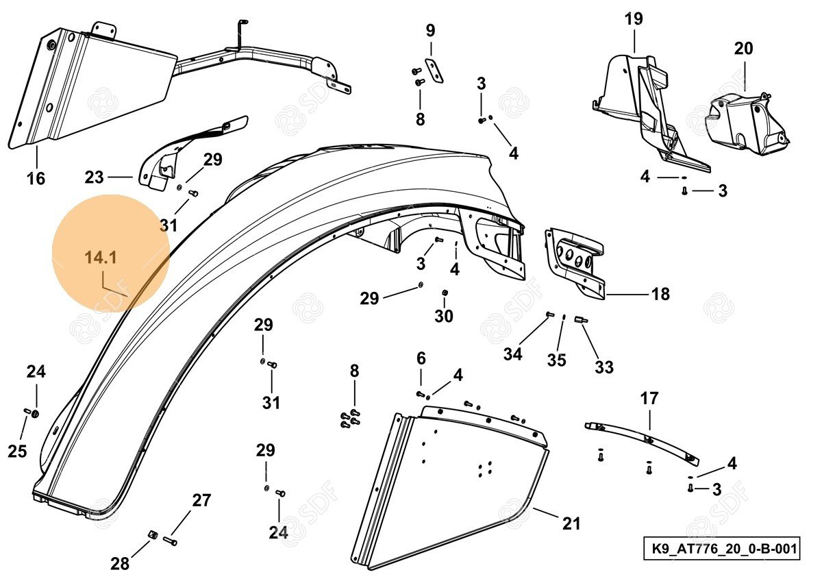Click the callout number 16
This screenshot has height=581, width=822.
tap(36, 179)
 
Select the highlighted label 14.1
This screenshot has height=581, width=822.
tap(101, 258)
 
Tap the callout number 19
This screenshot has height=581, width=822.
tap(634, 18)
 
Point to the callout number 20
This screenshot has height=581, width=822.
tap(743, 49)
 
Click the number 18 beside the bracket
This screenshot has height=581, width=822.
tap(660, 295)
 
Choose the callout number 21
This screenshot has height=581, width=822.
tap(571, 524)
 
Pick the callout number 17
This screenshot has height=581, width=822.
tap(649, 398)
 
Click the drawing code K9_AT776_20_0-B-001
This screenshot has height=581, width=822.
tap(721, 549)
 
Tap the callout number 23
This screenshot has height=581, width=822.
tap(94, 177)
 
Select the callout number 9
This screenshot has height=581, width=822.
tap(430, 30)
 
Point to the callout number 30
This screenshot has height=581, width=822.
tap(444, 316)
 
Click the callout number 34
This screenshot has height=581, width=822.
tap(512, 354)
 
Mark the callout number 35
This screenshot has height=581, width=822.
tap(556, 359)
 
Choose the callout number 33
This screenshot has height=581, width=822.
tap(603, 367)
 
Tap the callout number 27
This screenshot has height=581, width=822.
tap(201, 500)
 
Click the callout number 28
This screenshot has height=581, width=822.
tap(120, 564)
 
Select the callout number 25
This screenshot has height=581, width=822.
tap(17, 451)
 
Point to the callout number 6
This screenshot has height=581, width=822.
tap(421, 358)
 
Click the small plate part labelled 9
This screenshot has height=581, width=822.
tap(434, 71)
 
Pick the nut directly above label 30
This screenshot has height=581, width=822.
tap(445, 293)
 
